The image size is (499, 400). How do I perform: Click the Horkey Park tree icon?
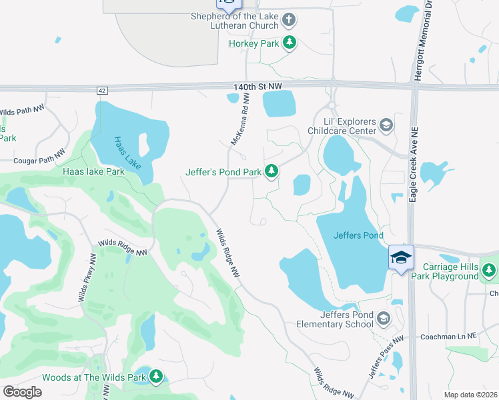289,43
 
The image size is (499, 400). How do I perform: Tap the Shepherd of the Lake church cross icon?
289,19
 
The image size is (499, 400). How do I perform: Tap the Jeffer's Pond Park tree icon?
272,172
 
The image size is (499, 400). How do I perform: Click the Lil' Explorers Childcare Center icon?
386,125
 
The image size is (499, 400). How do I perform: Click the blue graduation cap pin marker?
401,258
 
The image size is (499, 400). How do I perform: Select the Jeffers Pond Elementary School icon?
383,319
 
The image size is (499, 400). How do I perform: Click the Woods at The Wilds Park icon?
156,377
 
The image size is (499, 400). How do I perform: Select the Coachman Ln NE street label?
449,337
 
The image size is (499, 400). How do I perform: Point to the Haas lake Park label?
93,171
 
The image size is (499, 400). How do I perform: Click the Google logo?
23,391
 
